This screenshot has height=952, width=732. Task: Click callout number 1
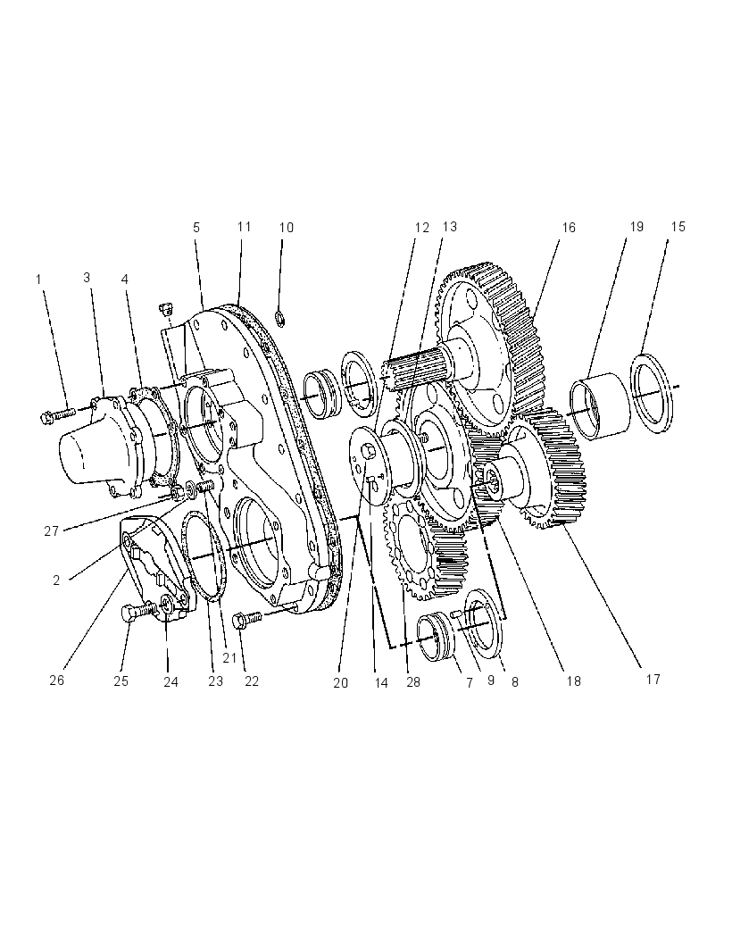click(39, 280)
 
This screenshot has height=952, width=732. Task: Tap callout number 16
click(568, 228)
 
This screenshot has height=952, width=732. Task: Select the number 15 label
click(678, 227)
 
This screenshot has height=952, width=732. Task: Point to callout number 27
click(52, 531)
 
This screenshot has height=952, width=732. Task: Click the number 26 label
click(56, 680)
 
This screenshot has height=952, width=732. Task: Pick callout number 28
click(412, 681)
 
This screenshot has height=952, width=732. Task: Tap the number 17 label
click(653, 680)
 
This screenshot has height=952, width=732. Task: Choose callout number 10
click(286, 228)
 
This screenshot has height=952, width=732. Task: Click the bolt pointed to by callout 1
click(58, 415)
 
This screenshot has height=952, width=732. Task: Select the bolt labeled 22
click(246, 619)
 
